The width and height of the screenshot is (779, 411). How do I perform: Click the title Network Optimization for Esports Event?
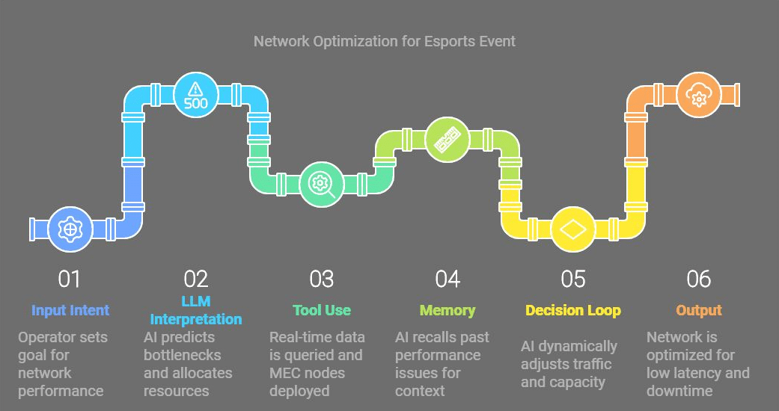tap(385, 41)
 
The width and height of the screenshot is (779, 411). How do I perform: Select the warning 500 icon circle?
tap(195, 96)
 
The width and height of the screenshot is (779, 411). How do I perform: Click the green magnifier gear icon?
tap(322, 183)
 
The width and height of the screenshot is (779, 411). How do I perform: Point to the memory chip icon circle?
tap(447, 139)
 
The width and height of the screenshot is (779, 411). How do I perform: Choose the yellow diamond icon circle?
tap(573, 229)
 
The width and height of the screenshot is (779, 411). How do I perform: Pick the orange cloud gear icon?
tap(699, 96)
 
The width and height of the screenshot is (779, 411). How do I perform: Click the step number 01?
tap(70, 279)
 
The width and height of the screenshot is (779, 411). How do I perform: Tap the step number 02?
tap(195, 279)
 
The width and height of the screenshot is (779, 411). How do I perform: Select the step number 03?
tap(322, 279)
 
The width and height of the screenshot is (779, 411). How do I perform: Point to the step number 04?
tap(447, 279)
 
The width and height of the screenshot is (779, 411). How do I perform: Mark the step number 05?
tap(573, 279)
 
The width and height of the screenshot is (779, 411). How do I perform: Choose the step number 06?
tap(699, 279)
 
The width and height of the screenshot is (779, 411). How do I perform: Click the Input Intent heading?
tap(70, 310)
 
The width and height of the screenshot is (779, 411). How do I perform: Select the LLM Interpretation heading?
tap(196, 311)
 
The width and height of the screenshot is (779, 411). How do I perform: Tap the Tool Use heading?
tap(322, 310)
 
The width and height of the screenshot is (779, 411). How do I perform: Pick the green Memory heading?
tap(447, 310)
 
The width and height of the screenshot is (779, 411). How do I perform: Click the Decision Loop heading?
tap(573, 310)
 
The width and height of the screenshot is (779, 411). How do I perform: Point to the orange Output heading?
tap(699, 310)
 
